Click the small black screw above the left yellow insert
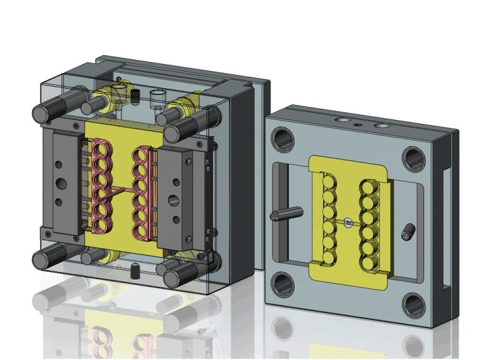click(x=134, y=95)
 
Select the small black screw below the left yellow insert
click(x=134, y=270)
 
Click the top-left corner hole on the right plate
click(x=283, y=139)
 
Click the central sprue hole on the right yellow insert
click(x=347, y=221)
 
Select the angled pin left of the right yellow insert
click(x=282, y=215)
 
